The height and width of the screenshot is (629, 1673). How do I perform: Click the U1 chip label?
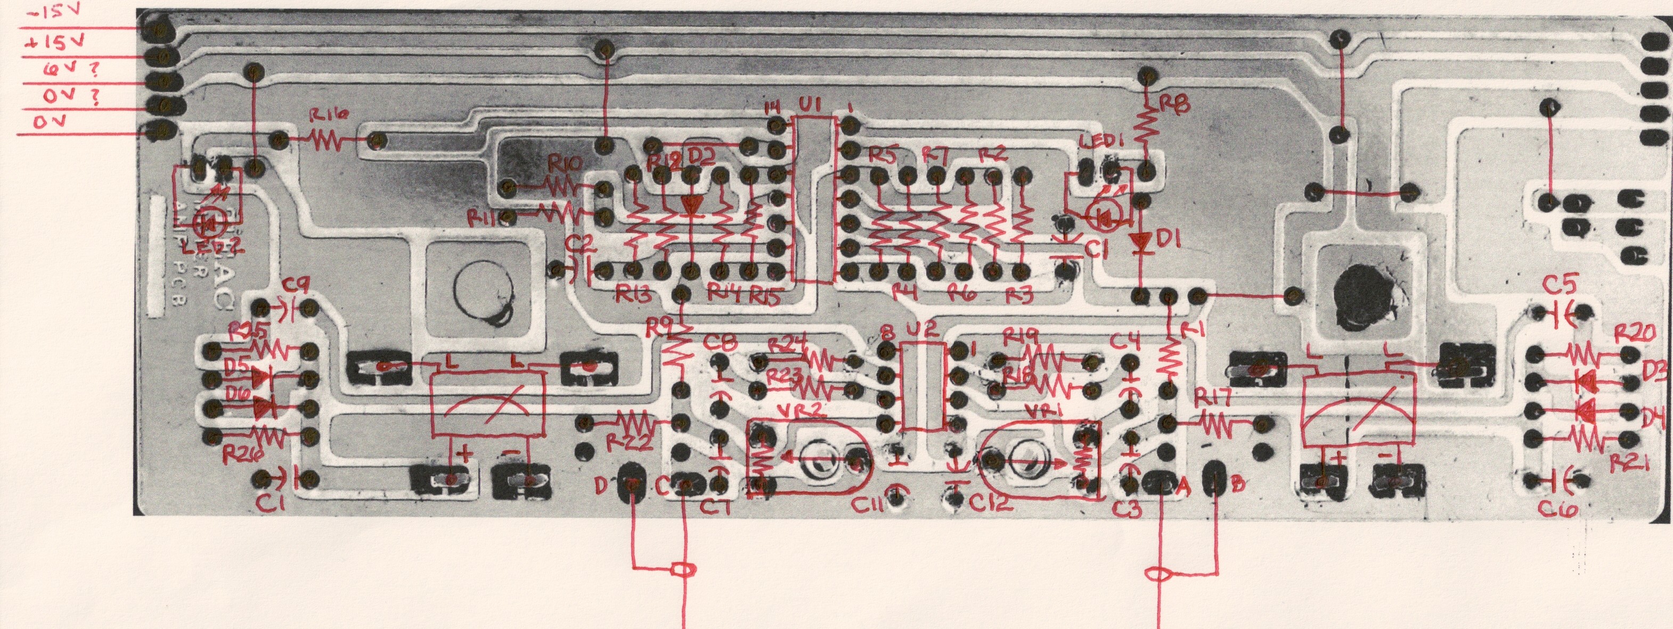click(810, 104)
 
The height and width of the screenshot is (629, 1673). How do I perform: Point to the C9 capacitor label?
click(297, 284)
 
